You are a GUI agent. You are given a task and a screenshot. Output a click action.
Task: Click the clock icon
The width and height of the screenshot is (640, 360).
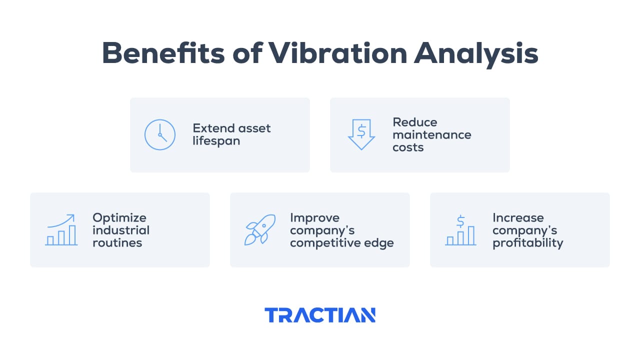[x=160, y=135]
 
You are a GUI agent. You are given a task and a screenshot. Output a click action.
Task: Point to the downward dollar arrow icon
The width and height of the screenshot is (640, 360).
[x=361, y=134]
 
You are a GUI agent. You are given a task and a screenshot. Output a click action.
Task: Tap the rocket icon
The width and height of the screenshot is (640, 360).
[x=259, y=229]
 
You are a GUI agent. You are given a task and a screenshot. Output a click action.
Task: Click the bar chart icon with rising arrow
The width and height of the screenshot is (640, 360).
[x=61, y=230]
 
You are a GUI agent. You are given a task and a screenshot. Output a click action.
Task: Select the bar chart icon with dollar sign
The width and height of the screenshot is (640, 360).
[x=460, y=230]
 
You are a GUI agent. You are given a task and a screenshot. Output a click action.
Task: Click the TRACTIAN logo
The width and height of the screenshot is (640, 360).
[x=320, y=315]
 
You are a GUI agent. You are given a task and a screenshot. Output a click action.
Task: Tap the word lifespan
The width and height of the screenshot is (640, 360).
[x=216, y=141]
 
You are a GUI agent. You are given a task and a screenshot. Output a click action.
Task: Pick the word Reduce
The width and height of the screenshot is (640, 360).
[x=414, y=122]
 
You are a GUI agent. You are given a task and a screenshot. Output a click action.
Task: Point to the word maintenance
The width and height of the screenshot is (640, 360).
[x=431, y=135]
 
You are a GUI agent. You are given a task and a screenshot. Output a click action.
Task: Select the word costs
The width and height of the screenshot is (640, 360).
[x=408, y=147]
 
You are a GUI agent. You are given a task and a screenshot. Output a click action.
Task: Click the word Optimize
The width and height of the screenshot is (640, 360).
[x=119, y=218]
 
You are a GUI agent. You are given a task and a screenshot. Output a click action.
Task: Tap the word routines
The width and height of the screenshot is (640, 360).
[x=117, y=243]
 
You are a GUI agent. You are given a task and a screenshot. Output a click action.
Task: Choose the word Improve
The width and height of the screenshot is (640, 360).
[x=314, y=218]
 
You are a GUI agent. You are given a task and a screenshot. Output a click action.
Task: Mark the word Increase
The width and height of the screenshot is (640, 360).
[x=518, y=218]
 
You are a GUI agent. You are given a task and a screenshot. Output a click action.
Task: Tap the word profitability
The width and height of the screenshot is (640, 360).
[x=527, y=243]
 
